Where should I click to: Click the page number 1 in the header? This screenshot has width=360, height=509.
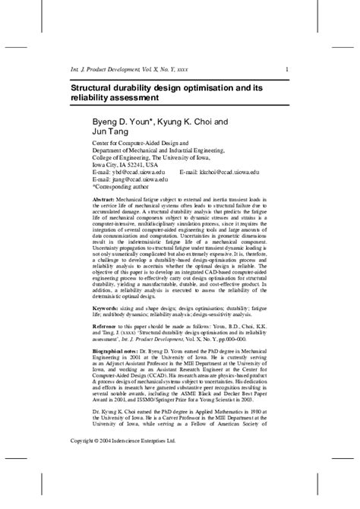[286, 71]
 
